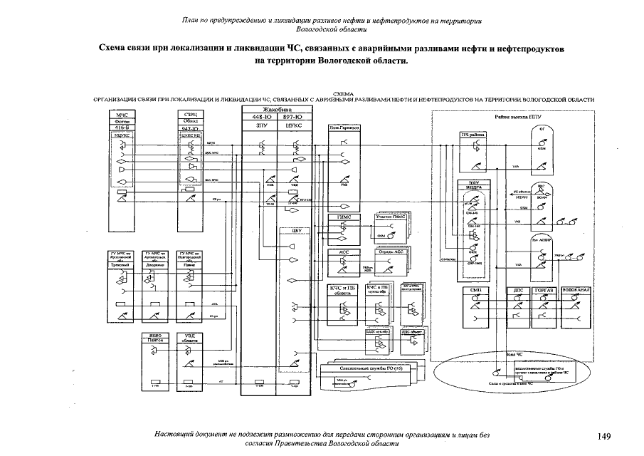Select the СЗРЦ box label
point(190,114)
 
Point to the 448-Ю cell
point(260,116)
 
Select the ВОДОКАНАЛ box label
point(576,291)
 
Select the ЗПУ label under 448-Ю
point(260,125)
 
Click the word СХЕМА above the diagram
point(344,93)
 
